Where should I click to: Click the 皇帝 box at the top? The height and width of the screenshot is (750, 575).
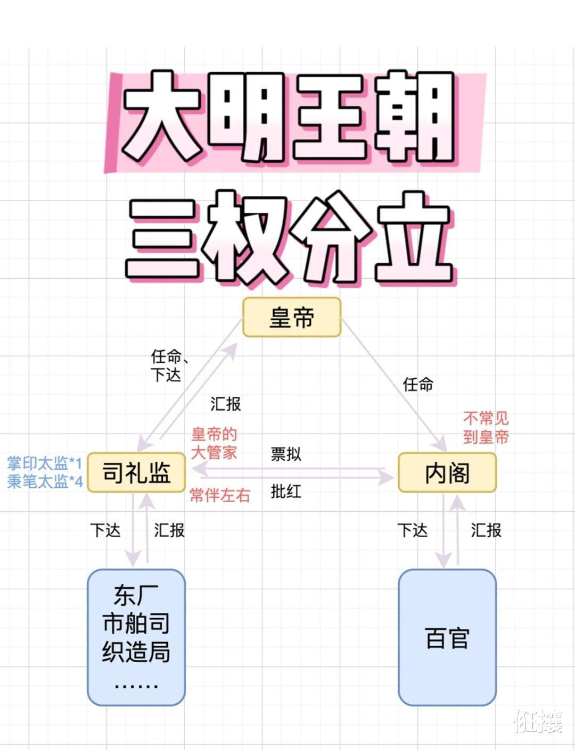click(291, 318)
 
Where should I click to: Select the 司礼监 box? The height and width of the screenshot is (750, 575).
click(136, 472)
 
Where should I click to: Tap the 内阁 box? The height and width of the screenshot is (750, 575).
click(447, 472)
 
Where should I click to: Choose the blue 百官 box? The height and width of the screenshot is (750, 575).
click(447, 638)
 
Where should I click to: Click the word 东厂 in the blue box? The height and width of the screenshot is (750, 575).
click(136, 595)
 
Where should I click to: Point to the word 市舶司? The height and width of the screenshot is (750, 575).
click(136, 623)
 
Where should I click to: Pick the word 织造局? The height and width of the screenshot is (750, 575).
click(136, 652)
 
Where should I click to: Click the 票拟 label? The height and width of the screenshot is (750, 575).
click(286, 454)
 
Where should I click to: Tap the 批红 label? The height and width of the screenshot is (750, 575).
click(286, 491)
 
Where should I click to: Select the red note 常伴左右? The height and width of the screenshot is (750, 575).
click(220, 495)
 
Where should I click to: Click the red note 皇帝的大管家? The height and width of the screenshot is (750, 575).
click(214, 443)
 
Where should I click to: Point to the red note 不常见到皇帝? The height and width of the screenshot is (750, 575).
click(486, 427)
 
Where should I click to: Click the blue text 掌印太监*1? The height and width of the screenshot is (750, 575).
click(45, 463)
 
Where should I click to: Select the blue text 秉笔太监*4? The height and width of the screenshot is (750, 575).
click(45, 481)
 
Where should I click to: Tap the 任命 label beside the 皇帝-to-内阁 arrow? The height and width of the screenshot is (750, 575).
click(418, 384)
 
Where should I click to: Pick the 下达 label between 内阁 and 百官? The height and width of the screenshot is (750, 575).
click(412, 530)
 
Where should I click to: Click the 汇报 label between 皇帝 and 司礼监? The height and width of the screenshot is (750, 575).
click(225, 404)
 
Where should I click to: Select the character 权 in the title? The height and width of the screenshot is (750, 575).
click(248, 237)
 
